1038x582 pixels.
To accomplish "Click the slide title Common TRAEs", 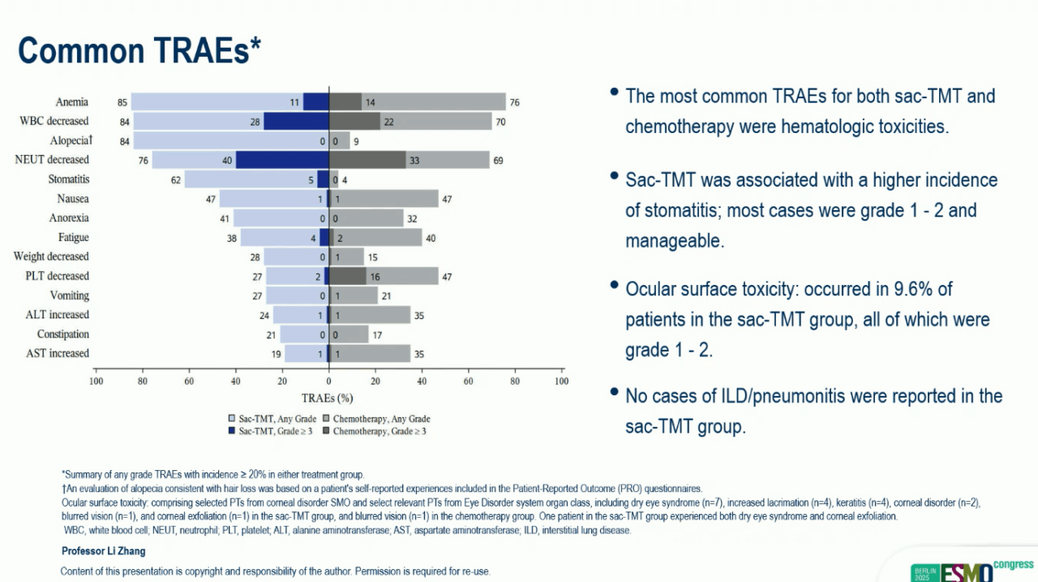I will point(139,50).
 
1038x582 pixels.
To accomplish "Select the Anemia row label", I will point(72,102).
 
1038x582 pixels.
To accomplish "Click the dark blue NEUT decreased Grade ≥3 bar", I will point(281,160).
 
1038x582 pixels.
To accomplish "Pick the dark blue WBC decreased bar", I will point(296,122).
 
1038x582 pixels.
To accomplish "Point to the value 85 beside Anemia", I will point(122,102).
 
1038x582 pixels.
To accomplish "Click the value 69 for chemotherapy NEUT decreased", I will point(498,160).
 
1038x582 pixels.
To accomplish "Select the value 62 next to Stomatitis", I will point(175,179).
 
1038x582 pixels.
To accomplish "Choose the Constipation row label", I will point(63,334).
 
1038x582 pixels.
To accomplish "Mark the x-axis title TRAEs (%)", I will point(328,398).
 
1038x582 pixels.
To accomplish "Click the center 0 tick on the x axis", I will point(328,380).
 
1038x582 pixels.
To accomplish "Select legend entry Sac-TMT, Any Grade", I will point(272,418).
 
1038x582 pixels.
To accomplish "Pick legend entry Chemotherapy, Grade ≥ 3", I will point(375,431).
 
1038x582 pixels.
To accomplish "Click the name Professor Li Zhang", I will point(103,551).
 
